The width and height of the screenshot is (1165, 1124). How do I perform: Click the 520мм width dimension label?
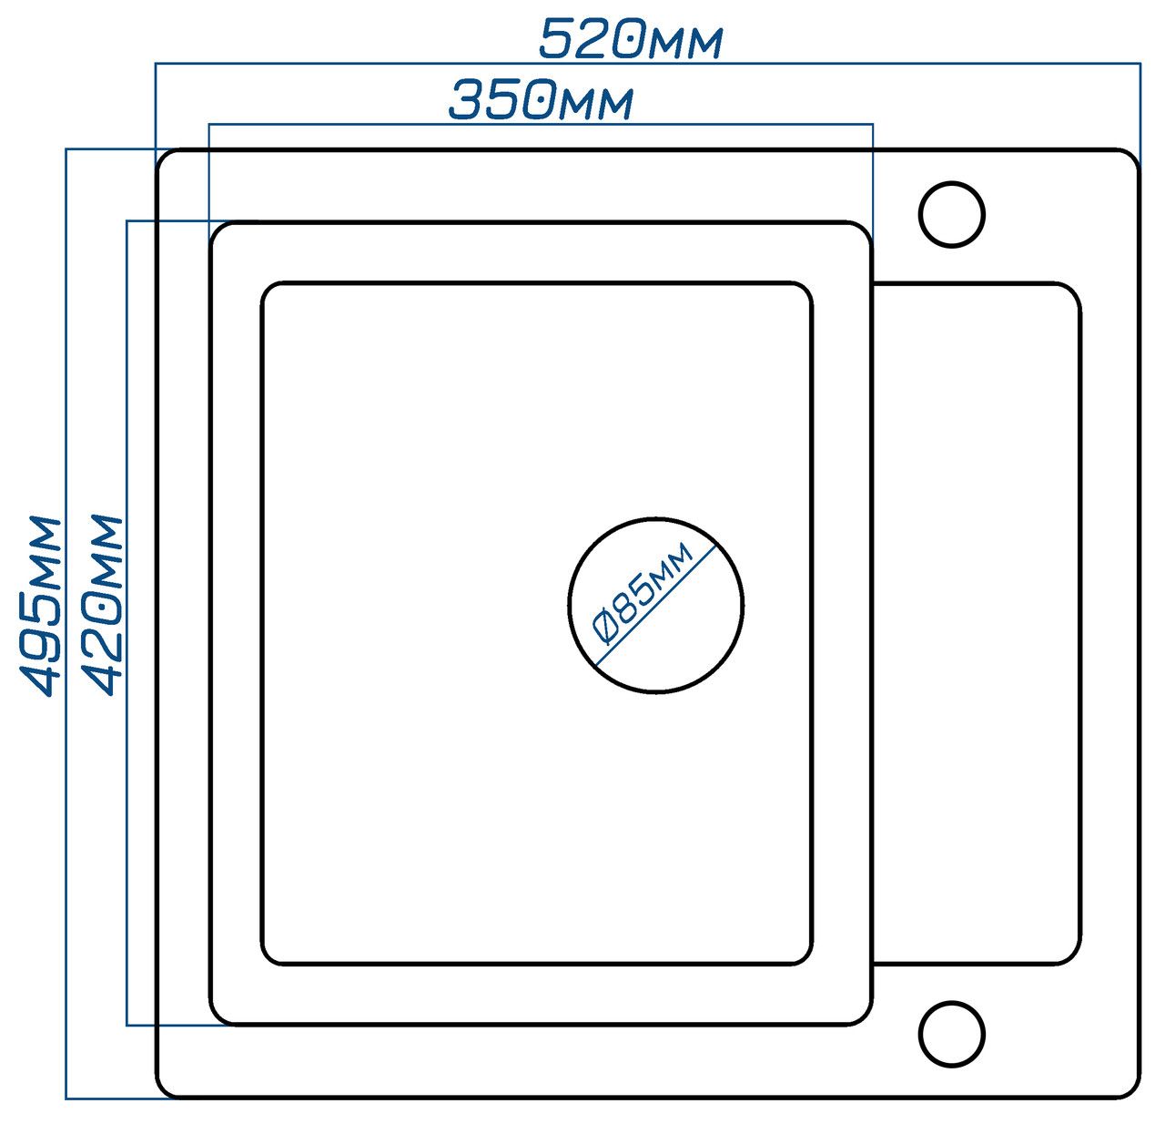click(632, 38)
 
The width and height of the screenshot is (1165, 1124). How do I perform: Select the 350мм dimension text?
click(541, 99)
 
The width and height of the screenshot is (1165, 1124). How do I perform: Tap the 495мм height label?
click(41, 606)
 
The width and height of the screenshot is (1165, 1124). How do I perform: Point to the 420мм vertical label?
click(102, 606)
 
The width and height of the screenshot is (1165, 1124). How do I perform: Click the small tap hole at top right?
click(951, 215)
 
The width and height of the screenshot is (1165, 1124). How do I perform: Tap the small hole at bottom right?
click(951, 1034)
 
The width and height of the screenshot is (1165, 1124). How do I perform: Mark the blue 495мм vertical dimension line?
click(66, 820)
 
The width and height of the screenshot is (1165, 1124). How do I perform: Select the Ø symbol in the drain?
click(605, 628)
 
